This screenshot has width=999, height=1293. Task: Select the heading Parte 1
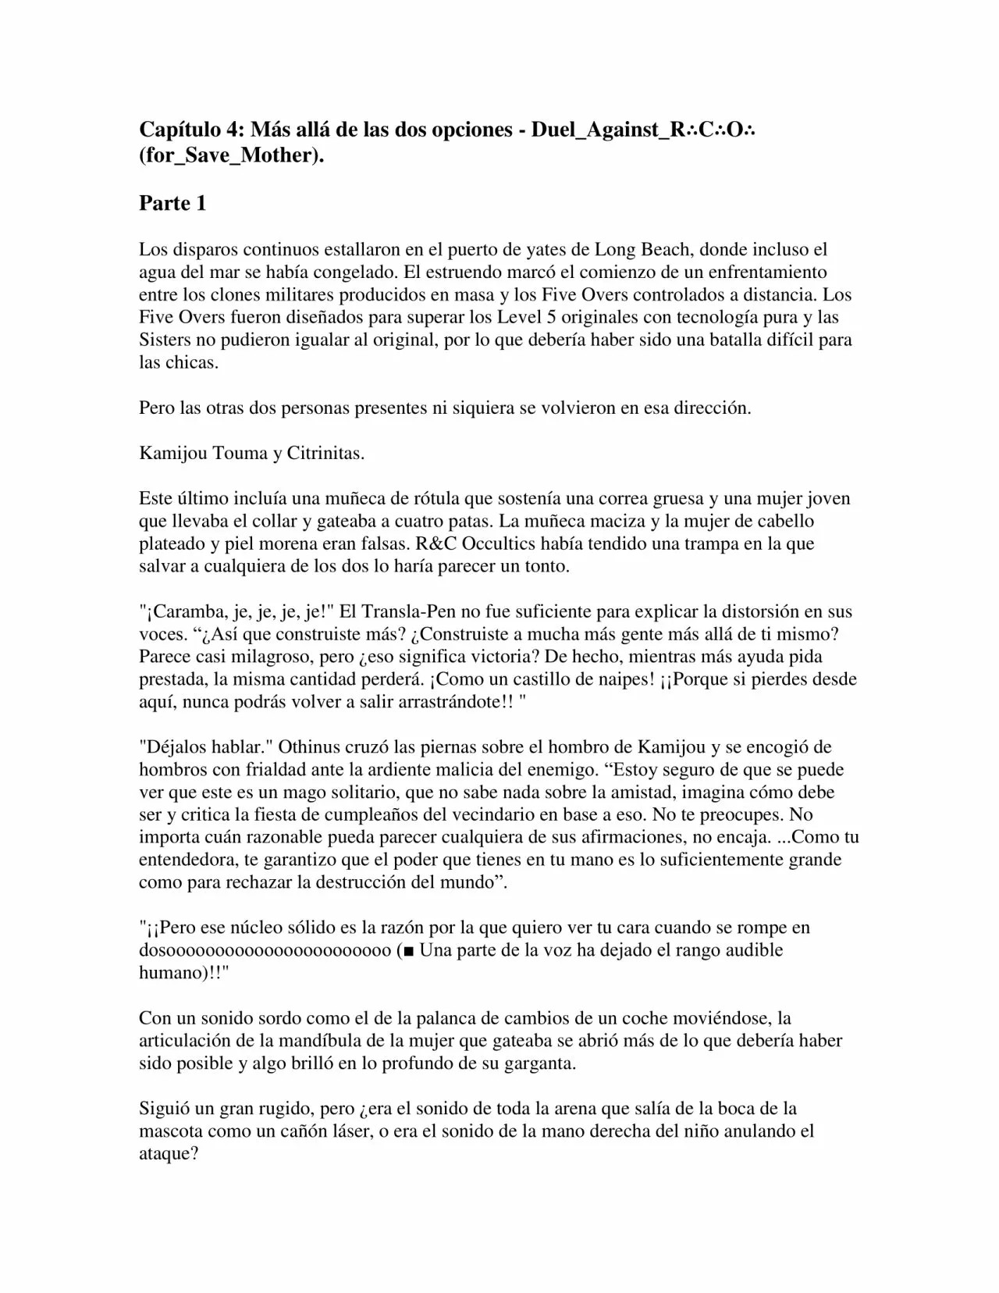click(x=172, y=203)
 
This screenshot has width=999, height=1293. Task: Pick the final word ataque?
click(x=169, y=1153)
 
